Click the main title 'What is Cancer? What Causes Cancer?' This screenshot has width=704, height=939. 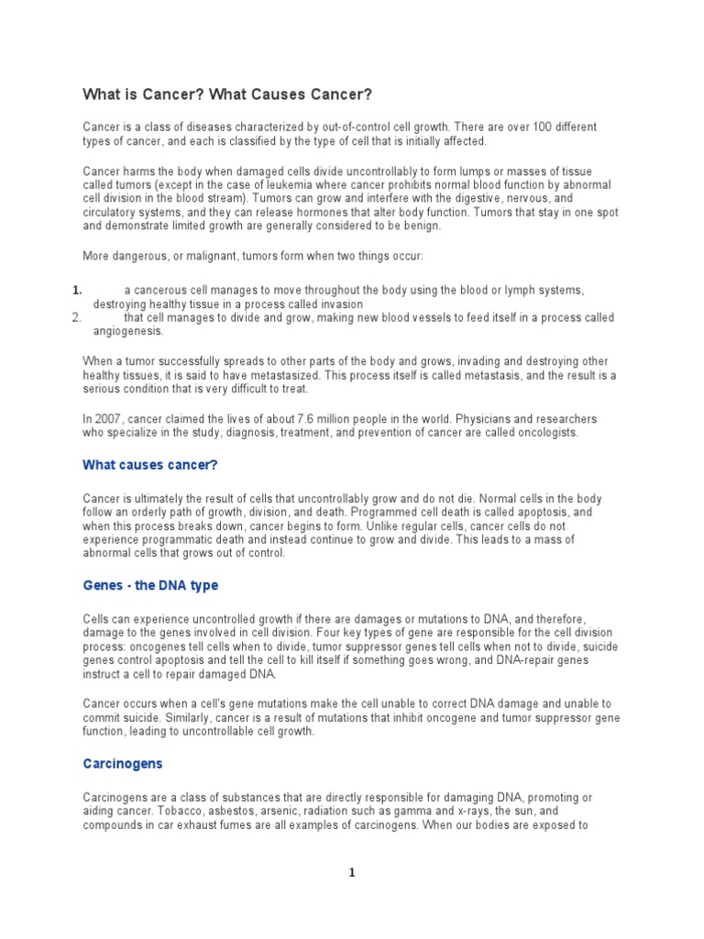(x=228, y=94)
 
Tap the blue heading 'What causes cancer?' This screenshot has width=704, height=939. (x=150, y=465)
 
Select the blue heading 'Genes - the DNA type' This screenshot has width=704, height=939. (x=150, y=585)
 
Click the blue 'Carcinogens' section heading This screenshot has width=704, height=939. (x=123, y=763)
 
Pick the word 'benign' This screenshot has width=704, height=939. (x=421, y=225)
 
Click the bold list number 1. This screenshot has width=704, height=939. (x=77, y=290)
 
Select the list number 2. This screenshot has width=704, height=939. (x=77, y=317)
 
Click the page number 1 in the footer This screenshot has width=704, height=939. (x=352, y=873)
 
